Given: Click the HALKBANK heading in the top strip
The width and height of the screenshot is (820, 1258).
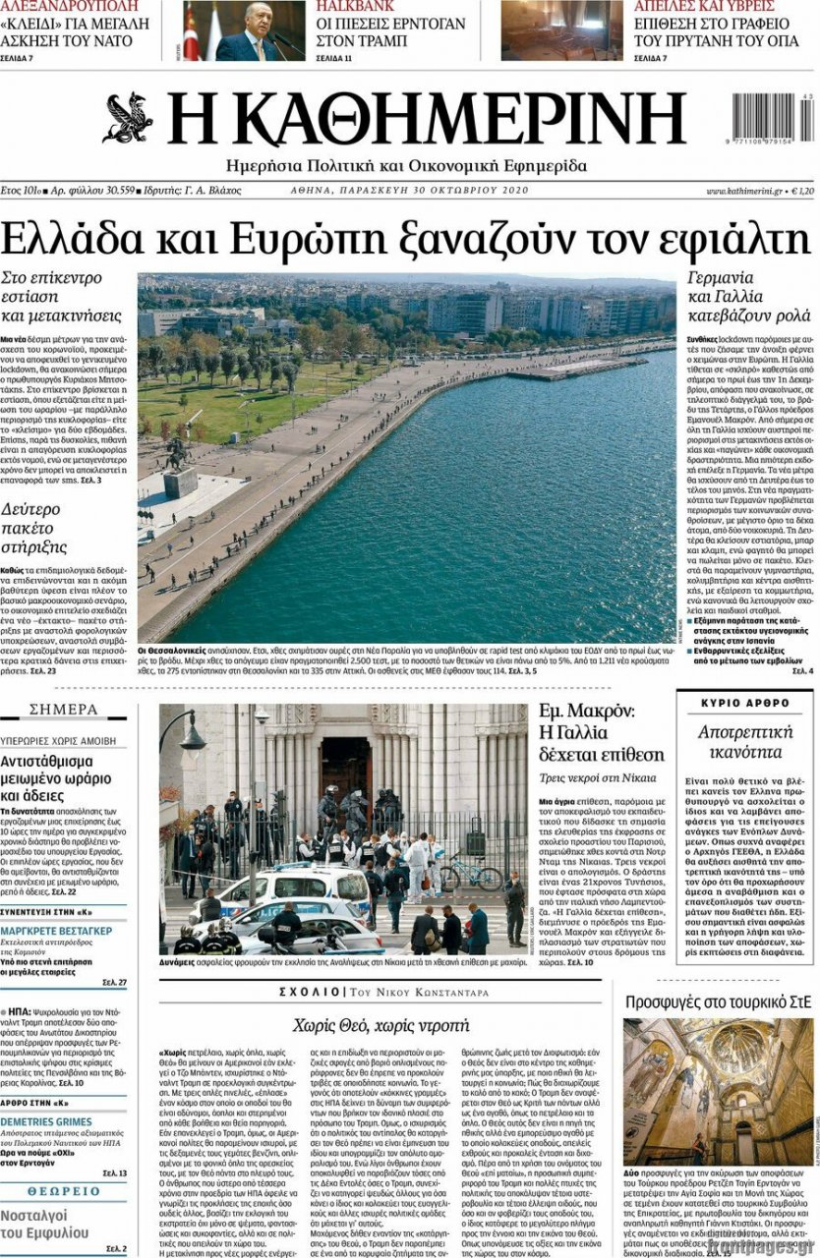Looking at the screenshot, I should (x=355, y=6).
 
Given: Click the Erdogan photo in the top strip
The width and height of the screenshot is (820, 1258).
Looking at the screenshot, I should (x=244, y=31).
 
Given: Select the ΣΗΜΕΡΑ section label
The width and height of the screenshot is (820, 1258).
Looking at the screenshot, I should (x=63, y=710).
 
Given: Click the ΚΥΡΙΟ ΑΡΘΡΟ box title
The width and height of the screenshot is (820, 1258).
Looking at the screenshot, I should (x=744, y=703).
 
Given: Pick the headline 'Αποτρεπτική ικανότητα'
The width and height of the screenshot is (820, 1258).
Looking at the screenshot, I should (x=744, y=743).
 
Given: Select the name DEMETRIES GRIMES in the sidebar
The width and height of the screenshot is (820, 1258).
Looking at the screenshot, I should (x=46, y=1121).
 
